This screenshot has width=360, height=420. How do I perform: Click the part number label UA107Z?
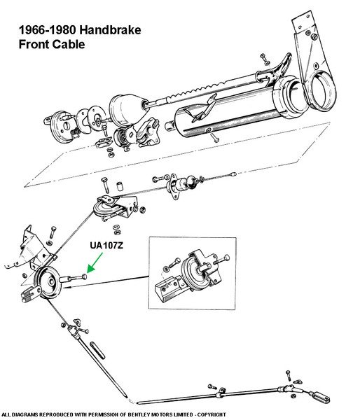pyautogui.click(x=106, y=246)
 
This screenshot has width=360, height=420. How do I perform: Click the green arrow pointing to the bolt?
pyautogui.click(x=95, y=262)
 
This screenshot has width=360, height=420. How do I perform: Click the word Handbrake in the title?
pyautogui.click(x=110, y=29)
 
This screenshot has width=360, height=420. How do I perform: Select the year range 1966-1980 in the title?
pyautogui.click(x=48, y=29)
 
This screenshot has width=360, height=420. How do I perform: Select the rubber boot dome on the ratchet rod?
pyautogui.click(x=129, y=108)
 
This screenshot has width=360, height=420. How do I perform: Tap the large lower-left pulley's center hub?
pyautogui.click(x=51, y=282)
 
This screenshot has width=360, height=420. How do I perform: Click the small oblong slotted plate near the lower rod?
pyautogui.click(x=97, y=350)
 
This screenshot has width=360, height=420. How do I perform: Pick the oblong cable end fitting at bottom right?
pyautogui.click(x=319, y=397)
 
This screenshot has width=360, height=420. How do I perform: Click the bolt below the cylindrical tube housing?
pyautogui.click(x=215, y=138)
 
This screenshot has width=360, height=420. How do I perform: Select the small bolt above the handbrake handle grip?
pyautogui.click(x=264, y=59)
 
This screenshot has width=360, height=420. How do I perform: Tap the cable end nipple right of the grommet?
pyautogui.click(x=233, y=174)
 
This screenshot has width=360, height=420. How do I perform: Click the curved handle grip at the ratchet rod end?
pyautogui.click(x=282, y=65)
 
